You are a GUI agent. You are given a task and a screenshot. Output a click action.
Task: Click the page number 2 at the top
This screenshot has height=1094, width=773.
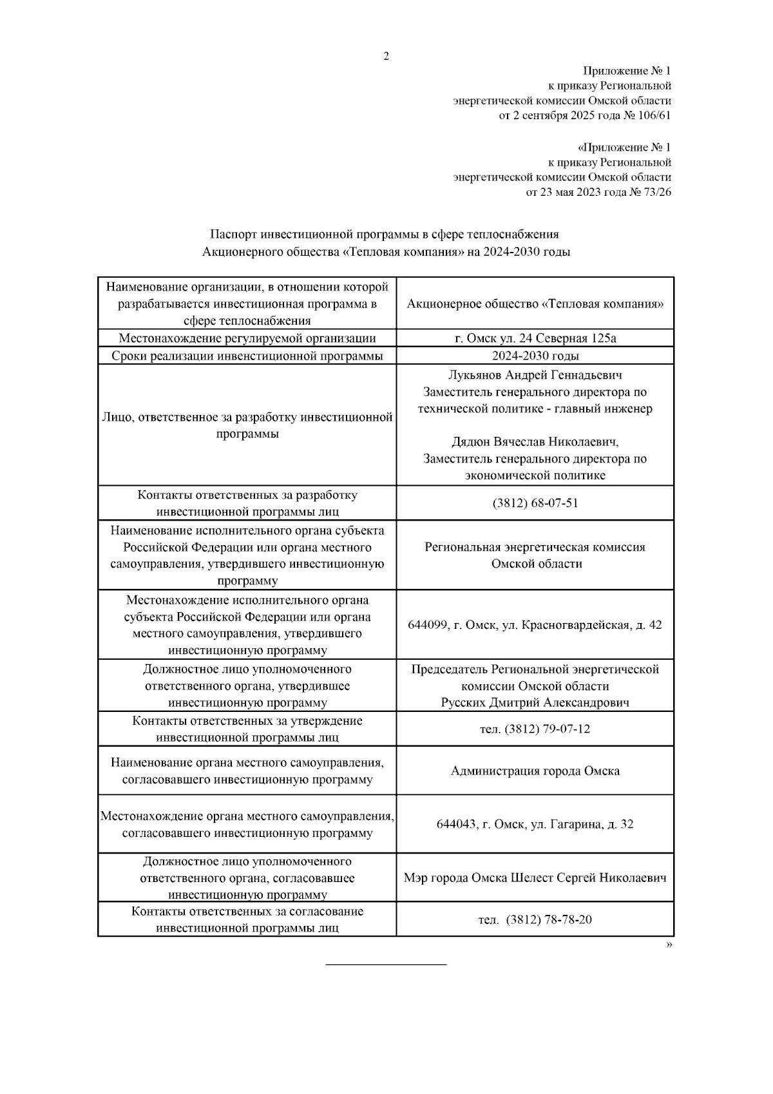point(386,57)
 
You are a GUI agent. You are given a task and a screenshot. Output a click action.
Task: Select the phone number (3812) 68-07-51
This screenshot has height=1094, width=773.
point(535,503)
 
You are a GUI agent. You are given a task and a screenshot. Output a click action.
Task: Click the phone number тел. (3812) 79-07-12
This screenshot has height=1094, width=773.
point(535,729)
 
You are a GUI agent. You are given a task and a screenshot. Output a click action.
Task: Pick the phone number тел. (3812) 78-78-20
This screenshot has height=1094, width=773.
point(535,919)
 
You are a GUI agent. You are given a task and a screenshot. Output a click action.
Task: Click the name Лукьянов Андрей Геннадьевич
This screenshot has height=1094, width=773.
point(535,375)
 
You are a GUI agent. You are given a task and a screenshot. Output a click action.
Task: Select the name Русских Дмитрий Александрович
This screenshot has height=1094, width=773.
point(535,702)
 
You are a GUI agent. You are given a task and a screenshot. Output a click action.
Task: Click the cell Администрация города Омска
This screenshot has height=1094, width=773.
point(535,771)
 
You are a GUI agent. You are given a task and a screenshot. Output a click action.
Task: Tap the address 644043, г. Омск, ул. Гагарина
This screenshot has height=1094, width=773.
point(535,824)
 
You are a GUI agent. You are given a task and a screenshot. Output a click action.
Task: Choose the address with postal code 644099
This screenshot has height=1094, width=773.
point(535,625)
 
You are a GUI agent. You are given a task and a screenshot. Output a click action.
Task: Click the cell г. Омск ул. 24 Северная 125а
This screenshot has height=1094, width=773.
point(535,338)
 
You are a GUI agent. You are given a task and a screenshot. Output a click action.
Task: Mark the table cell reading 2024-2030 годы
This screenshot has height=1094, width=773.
point(535,356)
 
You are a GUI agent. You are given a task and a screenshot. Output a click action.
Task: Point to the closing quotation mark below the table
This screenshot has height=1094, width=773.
point(669,945)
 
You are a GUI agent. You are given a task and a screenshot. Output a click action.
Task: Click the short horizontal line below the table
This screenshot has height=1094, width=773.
point(386,964)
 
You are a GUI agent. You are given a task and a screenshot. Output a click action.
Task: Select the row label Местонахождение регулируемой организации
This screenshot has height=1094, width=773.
point(247,338)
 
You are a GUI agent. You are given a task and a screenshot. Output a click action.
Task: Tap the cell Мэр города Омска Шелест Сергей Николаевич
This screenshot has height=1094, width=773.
point(535,878)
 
